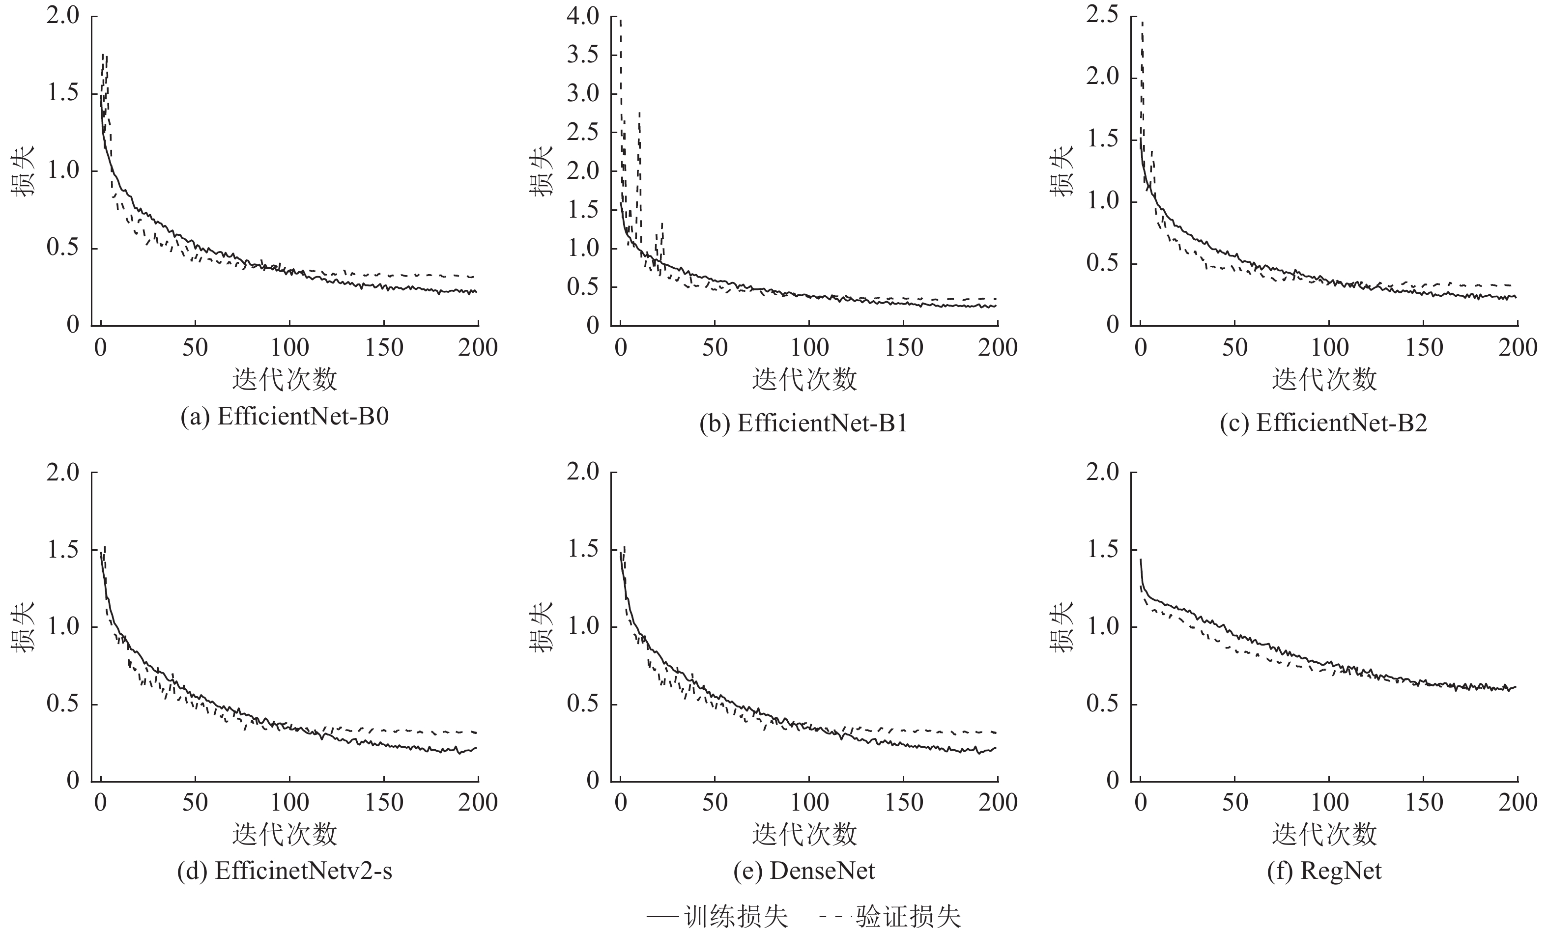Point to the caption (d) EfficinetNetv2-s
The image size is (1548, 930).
click(285, 872)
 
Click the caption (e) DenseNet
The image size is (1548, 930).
click(803, 872)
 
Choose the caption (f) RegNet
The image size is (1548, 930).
click(1323, 872)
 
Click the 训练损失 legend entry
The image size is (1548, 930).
click(717, 916)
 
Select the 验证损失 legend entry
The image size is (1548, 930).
click(890, 916)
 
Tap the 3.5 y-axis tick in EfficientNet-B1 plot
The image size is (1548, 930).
click(583, 55)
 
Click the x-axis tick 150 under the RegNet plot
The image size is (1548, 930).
click(1423, 803)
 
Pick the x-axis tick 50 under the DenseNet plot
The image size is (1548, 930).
click(715, 803)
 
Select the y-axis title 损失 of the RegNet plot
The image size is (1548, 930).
click(1061, 627)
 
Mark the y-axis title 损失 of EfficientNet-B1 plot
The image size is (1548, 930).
click(542, 170)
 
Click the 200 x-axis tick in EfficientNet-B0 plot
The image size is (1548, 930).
click(478, 348)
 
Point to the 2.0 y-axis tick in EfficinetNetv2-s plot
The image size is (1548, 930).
click(63, 472)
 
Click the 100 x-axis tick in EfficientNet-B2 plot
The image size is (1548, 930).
click(1329, 348)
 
